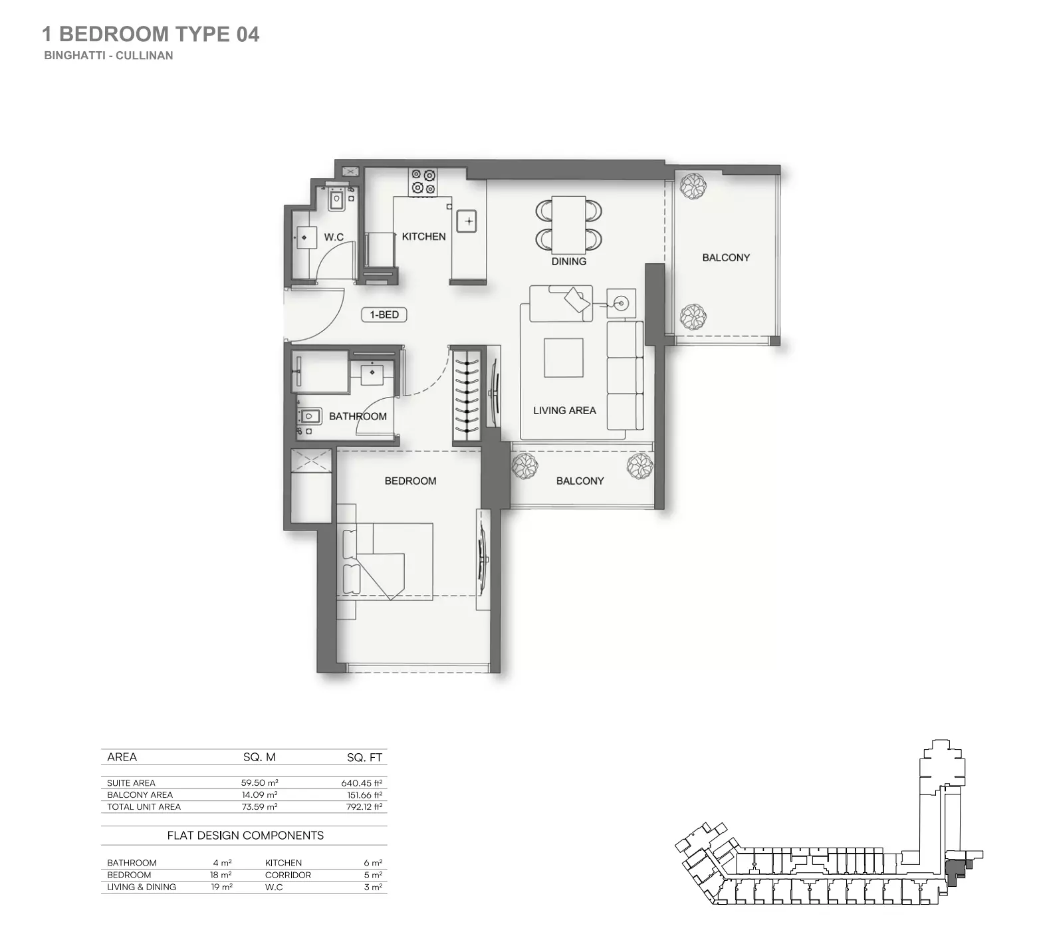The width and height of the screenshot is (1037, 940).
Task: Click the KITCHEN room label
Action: point(423,237)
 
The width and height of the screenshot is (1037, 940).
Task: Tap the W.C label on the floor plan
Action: point(334,237)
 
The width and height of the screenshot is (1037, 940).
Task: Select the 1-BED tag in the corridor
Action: point(384,314)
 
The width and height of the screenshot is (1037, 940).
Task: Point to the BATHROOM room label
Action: point(358,417)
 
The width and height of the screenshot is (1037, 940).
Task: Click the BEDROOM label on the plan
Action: point(410,481)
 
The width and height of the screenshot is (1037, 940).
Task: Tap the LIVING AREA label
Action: point(564,411)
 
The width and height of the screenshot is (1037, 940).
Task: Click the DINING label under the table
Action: point(568,262)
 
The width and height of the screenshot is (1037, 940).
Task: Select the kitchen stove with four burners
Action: point(423,182)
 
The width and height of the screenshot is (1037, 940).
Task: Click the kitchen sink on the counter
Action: point(468,221)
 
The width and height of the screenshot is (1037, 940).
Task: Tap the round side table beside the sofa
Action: point(622,304)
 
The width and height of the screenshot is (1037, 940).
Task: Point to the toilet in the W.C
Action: point(337,199)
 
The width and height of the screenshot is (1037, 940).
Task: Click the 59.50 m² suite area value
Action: point(259,783)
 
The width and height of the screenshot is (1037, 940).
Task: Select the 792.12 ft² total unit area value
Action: point(362,807)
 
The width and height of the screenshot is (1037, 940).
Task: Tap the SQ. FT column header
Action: point(364,757)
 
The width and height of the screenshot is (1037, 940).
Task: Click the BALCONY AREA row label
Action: point(140,795)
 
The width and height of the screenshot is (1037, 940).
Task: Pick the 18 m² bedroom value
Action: point(221,876)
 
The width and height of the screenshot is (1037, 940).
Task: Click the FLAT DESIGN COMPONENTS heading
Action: point(245,836)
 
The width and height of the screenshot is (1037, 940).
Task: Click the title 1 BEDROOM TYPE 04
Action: point(151,35)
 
